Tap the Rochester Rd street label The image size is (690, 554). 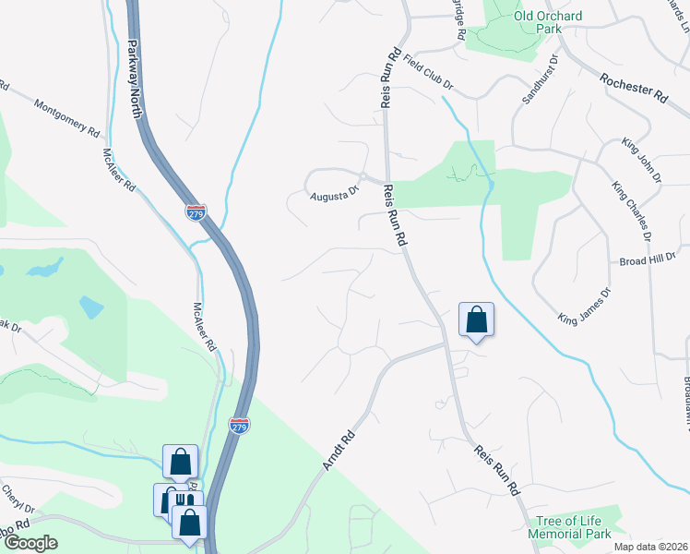pos(633,89)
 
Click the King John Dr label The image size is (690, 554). pos(642,160)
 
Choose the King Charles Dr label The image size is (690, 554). pos(632,211)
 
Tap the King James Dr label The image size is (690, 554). pos(585,306)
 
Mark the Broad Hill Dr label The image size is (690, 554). pos(648,261)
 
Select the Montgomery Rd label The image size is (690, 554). pos(66,118)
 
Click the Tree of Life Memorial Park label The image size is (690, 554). pos(569,528)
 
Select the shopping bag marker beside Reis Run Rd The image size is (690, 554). pos(476,319)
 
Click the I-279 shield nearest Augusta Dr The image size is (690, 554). pos(195,211)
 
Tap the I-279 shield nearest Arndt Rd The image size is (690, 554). pos(238,426)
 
